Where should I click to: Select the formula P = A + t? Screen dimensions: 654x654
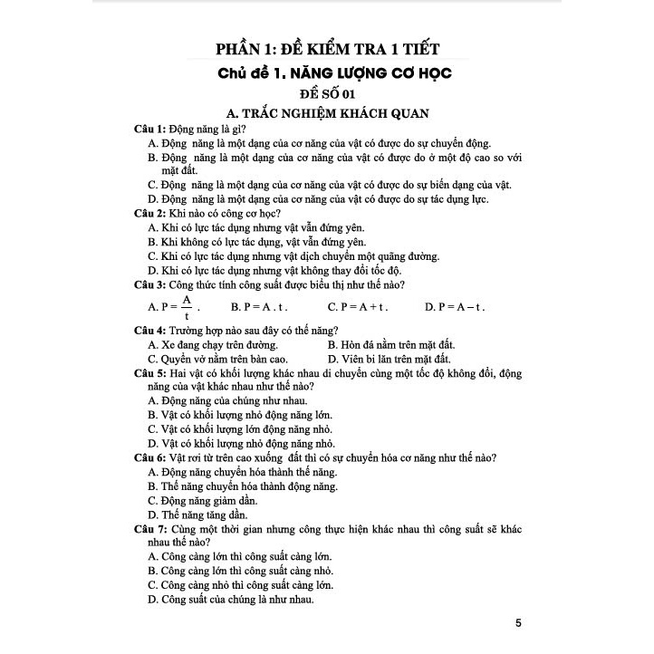(358, 307)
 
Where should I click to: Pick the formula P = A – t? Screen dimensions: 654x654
(455, 307)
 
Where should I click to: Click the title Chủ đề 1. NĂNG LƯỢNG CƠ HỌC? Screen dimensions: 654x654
(328, 72)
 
